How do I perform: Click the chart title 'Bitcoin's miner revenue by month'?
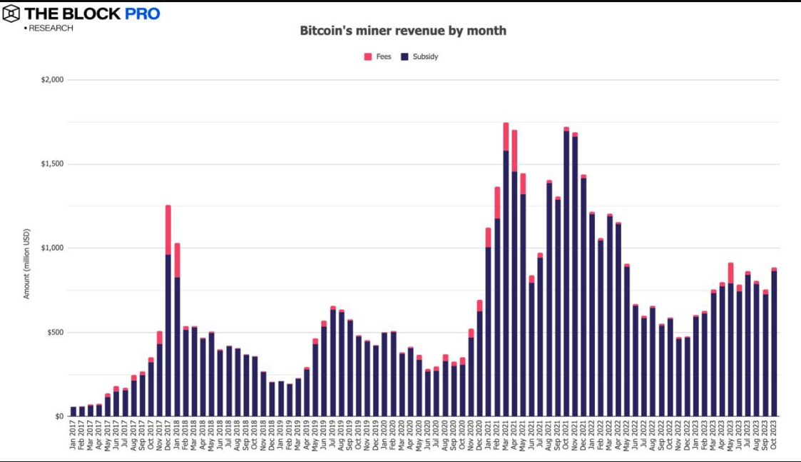click(x=402, y=31)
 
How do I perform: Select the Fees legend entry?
click(x=378, y=56)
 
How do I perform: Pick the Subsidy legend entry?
click(x=420, y=56)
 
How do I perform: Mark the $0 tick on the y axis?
click(x=60, y=416)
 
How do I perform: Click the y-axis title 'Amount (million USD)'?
click(x=27, y=263)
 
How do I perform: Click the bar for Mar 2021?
click(x=506, y=286)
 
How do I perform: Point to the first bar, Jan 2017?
click(x=73, y=412)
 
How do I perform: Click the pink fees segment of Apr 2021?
click(x=514, y=150)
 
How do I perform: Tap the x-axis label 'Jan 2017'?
click(x=73, y=436)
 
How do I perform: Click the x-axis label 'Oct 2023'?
click(x=774, y=436)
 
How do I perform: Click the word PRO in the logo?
click(x=143, y=14)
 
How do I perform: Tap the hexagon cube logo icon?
click(x=11, y=14)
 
